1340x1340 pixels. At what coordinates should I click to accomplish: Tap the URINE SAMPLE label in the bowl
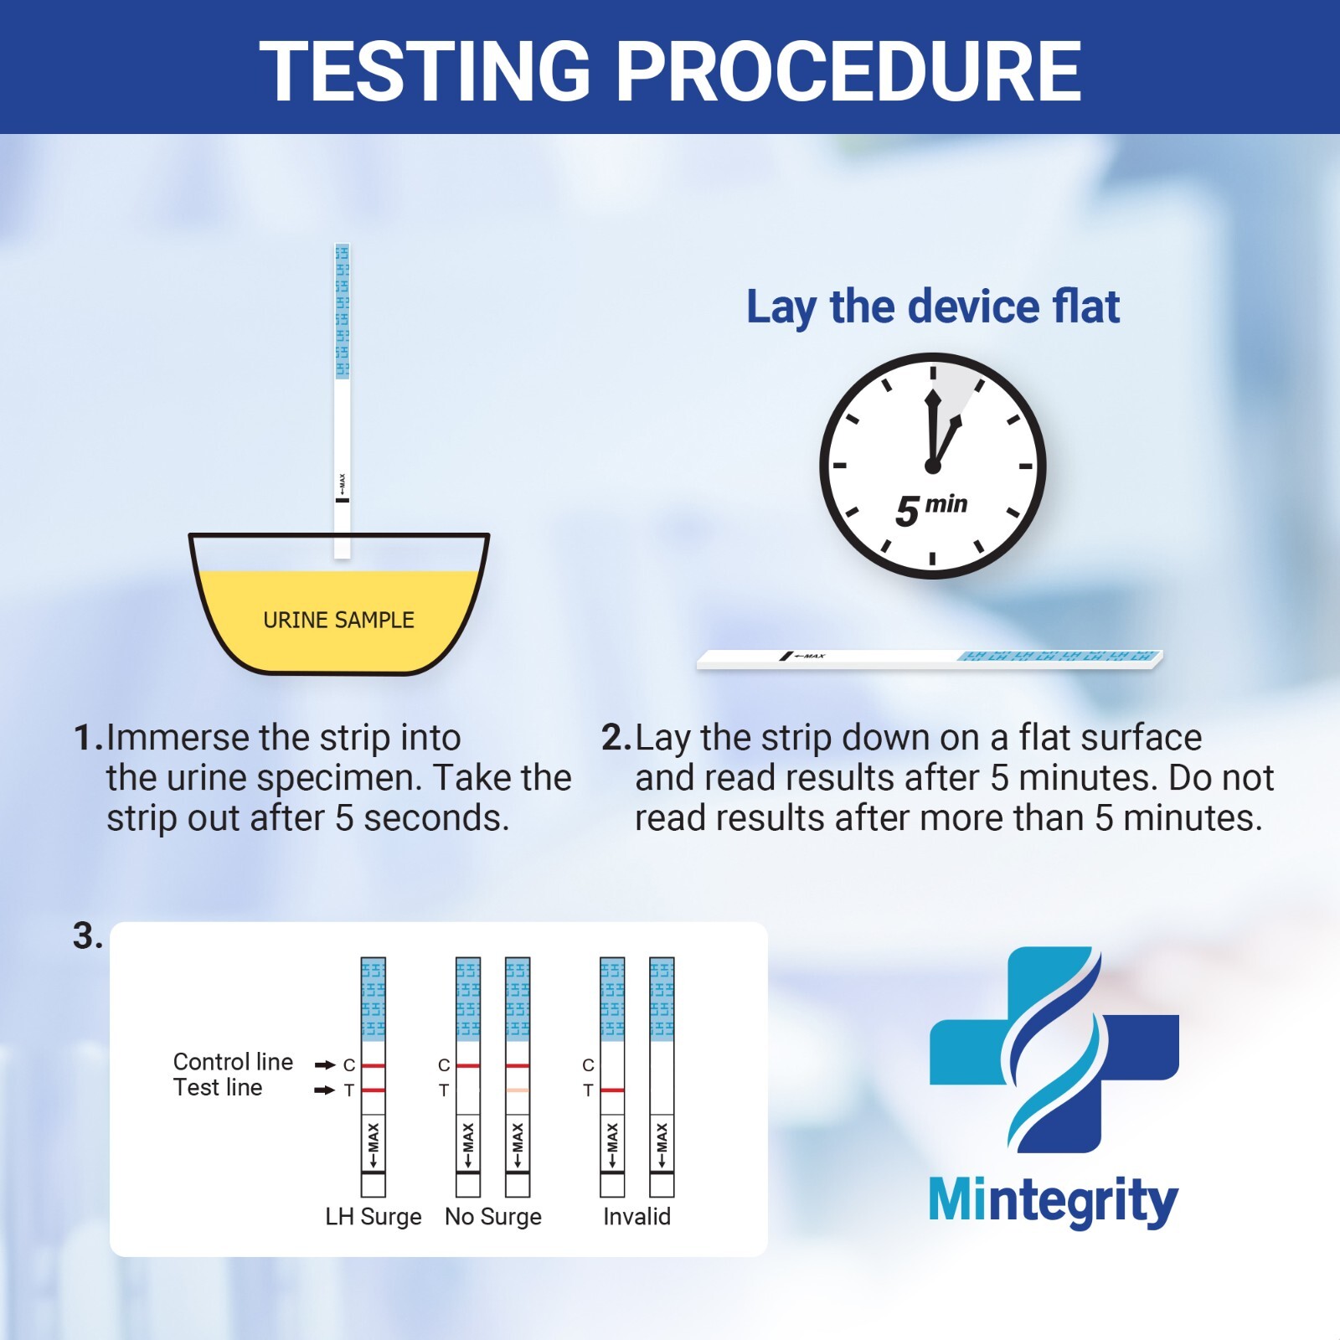[x=338, y=621]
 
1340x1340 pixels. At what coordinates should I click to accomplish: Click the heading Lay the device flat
[x=932, y=307]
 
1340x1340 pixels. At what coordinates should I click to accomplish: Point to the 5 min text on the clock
[x=930, y=508]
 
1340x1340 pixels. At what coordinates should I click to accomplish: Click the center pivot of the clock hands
[x=932, y=466]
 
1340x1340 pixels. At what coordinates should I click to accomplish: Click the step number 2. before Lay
[x=616, y=738]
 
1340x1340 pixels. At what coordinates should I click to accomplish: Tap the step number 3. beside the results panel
[x=87, y=936]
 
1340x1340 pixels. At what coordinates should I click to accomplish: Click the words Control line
[x=233, y=1062]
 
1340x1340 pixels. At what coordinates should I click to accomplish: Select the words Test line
[x=218, y=1088]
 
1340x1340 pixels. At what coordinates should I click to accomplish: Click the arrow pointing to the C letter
[x=325, y=1065]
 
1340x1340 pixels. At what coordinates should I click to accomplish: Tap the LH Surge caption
[x=373, y=1216]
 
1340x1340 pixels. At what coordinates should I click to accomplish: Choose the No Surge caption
[x=492, y=1216]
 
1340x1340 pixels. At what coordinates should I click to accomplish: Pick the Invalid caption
[x=636, y=1216]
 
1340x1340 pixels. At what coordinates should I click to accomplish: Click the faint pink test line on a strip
[x=518, y=1090]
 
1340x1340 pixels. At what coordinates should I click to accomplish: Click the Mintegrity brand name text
[x=1053, y=1202]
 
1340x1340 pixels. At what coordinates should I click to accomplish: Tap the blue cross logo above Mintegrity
[x=1054, y=1049]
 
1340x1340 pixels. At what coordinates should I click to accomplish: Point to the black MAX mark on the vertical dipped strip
[x=342, y=500]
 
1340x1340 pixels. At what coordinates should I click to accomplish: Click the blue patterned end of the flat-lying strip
[x=1059, y=656]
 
